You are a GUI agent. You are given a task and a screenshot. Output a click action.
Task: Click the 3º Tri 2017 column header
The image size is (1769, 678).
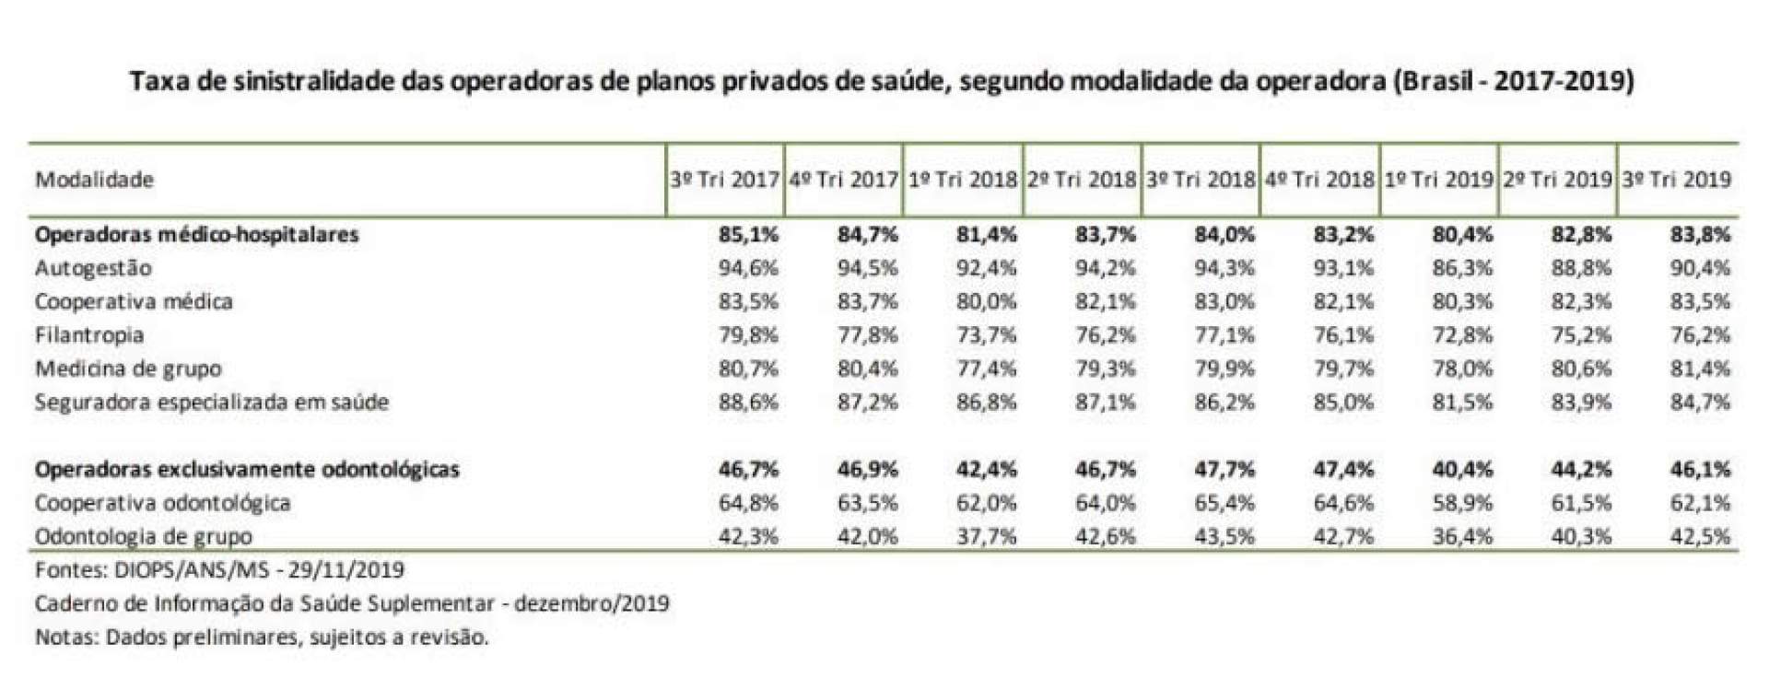click(724, 180)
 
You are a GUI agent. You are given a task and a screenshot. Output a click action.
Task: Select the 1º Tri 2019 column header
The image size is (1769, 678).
click(1438, 180)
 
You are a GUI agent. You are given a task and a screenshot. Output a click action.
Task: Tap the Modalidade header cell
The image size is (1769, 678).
click(94, 180)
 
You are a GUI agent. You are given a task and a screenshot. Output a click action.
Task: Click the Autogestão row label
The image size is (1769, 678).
click(93, 268)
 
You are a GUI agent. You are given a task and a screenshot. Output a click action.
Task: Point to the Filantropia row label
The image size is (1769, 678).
click(89, 335)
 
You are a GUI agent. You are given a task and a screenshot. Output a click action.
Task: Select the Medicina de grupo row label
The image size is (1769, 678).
click(128, 368)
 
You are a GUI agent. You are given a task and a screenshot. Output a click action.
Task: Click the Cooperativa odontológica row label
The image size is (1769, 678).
click(162, 503)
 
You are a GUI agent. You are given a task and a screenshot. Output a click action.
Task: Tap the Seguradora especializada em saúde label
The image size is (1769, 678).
click(212, 403)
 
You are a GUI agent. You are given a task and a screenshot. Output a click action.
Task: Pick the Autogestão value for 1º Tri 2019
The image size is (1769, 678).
click(1462, 268)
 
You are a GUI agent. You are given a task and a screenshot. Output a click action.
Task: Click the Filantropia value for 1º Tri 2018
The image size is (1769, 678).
click(987, 335)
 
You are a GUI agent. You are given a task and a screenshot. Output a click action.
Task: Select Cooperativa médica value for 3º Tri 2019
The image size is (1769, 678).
click(1701, 302)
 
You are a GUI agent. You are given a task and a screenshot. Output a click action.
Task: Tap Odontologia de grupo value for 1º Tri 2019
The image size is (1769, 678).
click(1462, 536)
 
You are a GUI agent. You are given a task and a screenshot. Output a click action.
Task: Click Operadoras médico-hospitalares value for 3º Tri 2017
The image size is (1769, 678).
click(748, 235)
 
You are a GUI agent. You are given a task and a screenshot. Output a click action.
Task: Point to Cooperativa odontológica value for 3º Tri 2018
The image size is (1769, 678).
click(1224, 503)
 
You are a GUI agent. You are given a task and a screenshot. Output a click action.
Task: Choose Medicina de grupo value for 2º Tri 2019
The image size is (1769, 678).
click(1581, 368)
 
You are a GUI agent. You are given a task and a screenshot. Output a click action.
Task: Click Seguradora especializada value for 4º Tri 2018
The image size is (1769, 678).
click(1343, 403)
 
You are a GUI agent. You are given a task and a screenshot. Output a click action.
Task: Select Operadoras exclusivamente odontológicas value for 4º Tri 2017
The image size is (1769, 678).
click(867, 470)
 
